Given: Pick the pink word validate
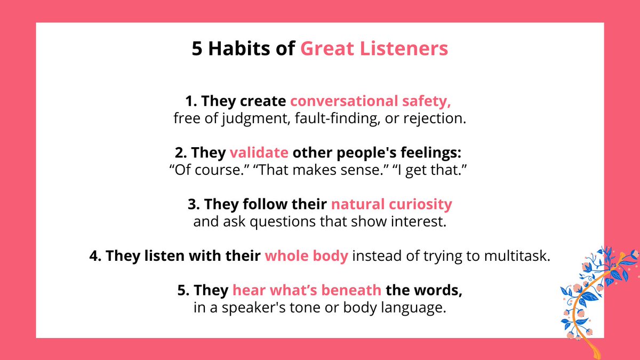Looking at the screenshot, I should [x=259, y=153].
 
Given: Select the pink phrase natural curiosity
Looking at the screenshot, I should [x=391, y=204].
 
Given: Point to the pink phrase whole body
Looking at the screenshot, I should [x=307, y=256].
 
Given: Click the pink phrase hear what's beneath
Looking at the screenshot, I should [x=307, y=291].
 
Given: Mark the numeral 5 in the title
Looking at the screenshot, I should [x=197, y=49].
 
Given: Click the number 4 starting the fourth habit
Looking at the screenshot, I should [x=94, y=256].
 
